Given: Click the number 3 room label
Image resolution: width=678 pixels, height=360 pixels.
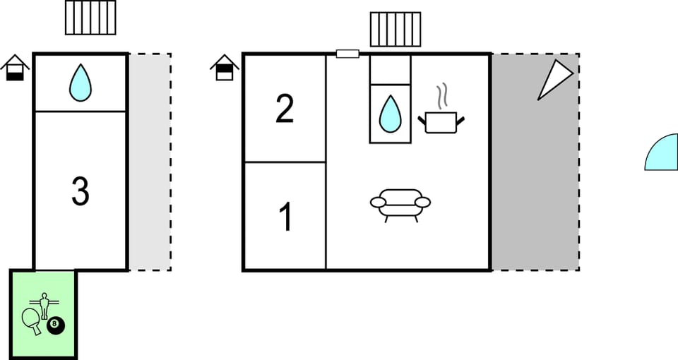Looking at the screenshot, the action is [81, 191].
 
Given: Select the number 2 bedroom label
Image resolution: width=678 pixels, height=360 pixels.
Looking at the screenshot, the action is [285, 109].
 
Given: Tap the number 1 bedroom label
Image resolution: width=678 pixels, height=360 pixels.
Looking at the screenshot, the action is [286, 217].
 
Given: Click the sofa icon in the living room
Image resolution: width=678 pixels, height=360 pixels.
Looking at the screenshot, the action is [400, 205].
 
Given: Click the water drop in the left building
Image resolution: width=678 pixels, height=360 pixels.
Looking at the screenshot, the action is [81, 83].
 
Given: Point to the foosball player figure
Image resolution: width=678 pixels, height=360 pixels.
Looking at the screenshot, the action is [44, 306].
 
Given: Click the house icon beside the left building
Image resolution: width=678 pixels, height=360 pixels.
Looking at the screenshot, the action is [15, 68].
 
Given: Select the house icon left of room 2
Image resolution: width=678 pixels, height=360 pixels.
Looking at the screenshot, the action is [225, 68].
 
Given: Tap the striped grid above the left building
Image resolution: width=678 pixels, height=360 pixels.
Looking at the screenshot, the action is [91, 18].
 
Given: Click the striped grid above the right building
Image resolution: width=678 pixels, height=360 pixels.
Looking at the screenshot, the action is [395, 30].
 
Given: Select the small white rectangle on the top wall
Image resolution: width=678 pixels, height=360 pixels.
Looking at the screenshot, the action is [347, 54].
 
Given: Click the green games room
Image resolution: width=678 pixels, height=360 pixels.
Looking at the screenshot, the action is [43, 314].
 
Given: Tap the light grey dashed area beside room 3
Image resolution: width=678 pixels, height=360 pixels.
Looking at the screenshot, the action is [150, 162].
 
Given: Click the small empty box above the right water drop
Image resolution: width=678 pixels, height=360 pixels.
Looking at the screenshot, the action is [390, 70].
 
